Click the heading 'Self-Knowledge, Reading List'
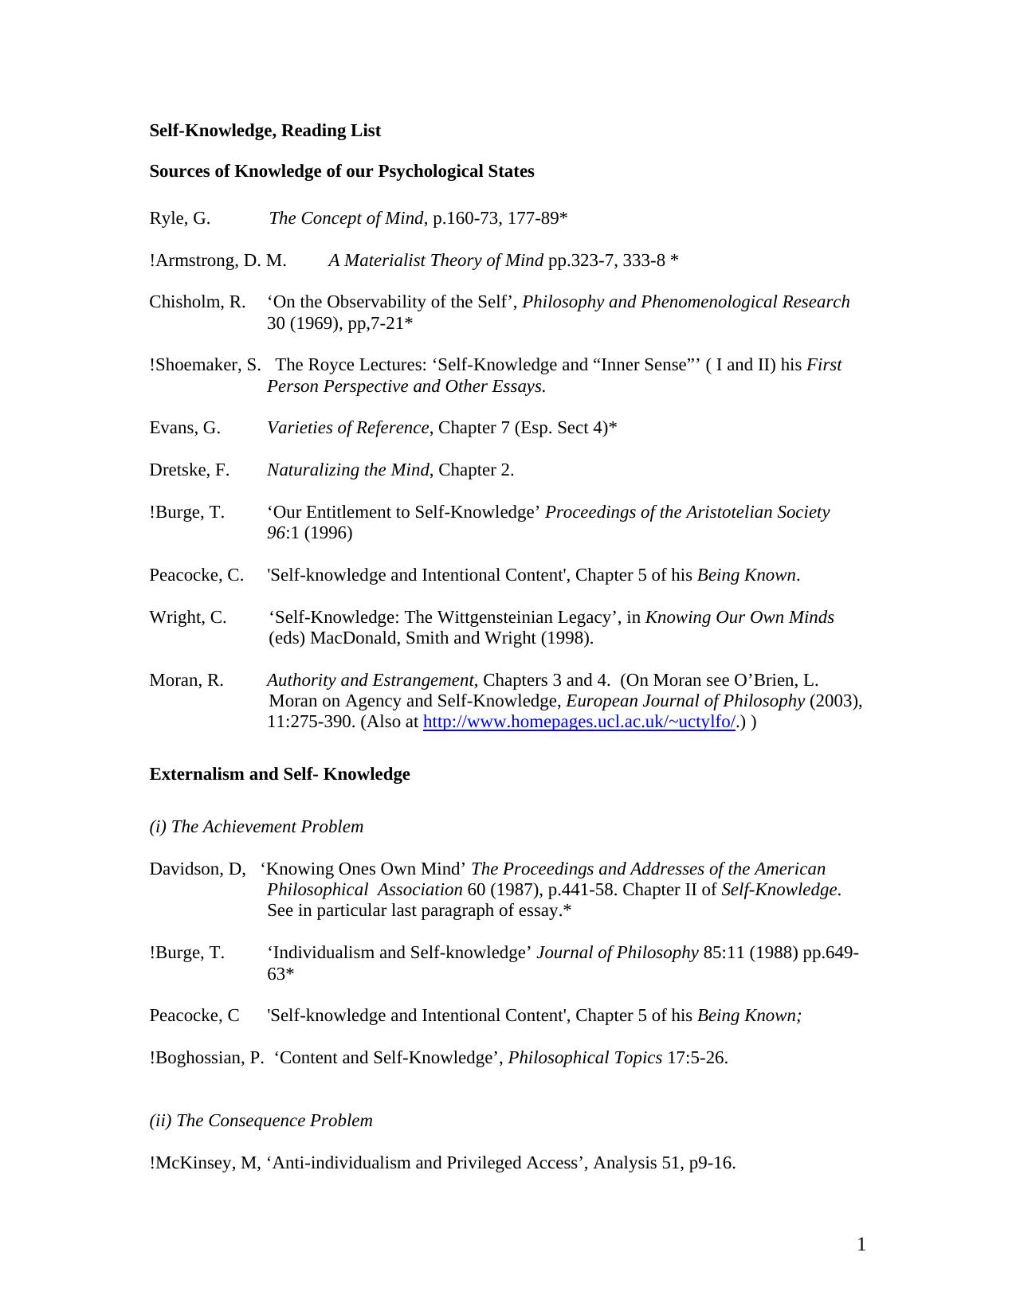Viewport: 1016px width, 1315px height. point(265,131)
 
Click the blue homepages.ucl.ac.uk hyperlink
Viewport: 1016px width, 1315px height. point(579,722)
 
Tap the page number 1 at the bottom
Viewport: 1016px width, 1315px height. point(861,1245)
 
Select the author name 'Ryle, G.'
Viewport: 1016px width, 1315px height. point(180,218)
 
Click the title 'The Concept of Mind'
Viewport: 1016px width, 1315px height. point(346,218)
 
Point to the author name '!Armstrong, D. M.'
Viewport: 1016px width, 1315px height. point(218,260)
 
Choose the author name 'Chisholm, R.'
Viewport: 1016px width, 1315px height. point(197,302)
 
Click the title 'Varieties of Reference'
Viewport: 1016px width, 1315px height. point(347,428)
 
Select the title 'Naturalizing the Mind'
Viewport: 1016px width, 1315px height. point(347,470)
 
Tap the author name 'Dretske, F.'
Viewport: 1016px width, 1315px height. point(189,470)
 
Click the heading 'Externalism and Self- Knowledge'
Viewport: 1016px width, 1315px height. point(279,774)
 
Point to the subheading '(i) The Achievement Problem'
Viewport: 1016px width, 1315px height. point(256,827)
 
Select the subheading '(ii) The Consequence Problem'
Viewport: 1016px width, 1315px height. point(261,1121)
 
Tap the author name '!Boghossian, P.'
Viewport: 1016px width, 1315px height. point(206,1058)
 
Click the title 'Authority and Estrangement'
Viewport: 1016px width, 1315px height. point(370,680)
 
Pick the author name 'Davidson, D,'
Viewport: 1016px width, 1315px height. point(197,869)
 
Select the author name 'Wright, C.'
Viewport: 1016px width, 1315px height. point(187,617)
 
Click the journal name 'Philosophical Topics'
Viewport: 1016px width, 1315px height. point(584,1058)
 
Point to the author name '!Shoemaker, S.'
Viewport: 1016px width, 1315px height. point(205,365)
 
